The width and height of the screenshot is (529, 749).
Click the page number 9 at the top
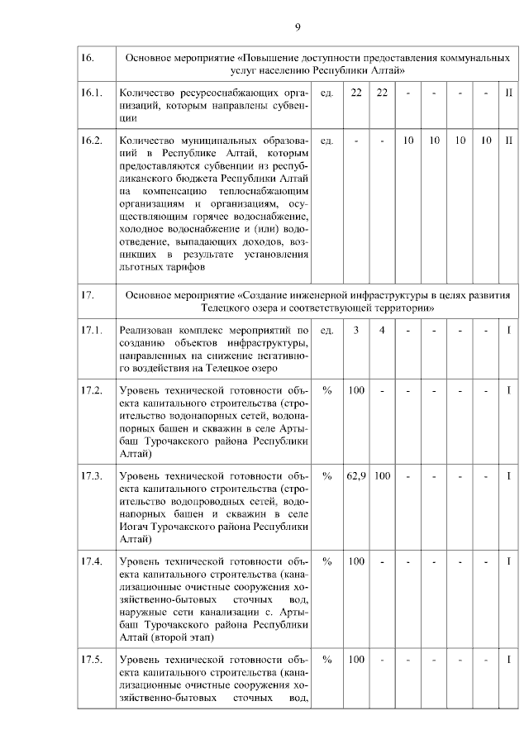tap(298, 28)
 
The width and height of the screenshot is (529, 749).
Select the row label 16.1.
tap(91, 93)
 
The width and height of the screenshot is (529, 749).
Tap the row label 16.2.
tap(91, 141)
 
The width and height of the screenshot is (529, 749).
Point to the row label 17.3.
tap(91, 476)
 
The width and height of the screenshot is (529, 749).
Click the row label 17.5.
tap(91, 660)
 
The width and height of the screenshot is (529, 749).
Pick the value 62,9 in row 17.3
tap(356, 476)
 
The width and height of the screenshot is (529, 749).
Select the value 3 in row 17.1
tap(355, 331)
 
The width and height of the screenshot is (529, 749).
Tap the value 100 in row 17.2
tap(356, 390)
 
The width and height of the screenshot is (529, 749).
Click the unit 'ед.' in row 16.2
tap(327, 141)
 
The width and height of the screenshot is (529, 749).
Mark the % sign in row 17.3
tap(327, 476)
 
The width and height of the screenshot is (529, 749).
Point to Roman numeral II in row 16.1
tap(509, 93)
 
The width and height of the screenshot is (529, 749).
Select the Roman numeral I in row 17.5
tap(509, 660)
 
